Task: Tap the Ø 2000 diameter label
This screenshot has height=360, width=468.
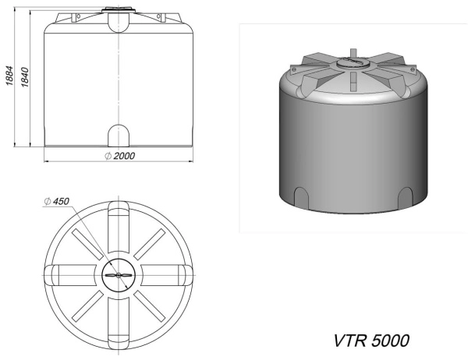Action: [119, 156]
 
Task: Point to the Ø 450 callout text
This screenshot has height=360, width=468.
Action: [56, 202]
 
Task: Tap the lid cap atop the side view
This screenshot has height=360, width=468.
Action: [120, 12]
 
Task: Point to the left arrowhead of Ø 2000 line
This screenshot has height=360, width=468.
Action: [45, 162]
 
